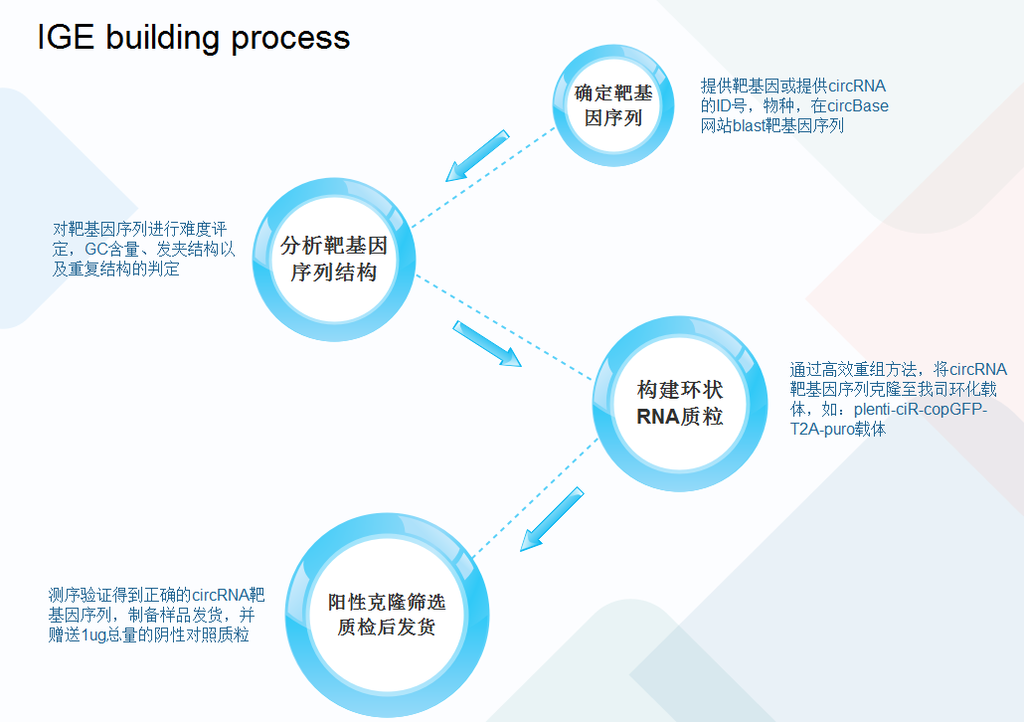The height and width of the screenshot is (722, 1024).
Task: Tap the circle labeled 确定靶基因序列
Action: pyautogui.click(x=613, y=106)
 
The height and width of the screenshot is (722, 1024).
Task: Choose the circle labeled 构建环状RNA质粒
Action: pyautogui.click(x=680, y=403)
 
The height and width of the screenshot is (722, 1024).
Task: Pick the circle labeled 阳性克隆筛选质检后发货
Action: pyautogui.click(x=386, y=615)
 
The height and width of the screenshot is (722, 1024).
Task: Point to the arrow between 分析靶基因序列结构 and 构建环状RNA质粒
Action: pyautogui.click(x=487, y=344)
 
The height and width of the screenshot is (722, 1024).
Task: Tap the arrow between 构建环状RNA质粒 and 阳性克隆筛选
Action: pyautogui.click(x=553, y=519)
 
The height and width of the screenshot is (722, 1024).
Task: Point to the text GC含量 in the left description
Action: pyautogui.click(x=114, y=249)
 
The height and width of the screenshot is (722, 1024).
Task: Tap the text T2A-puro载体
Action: pyautogui.click(x=838, y=430)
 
